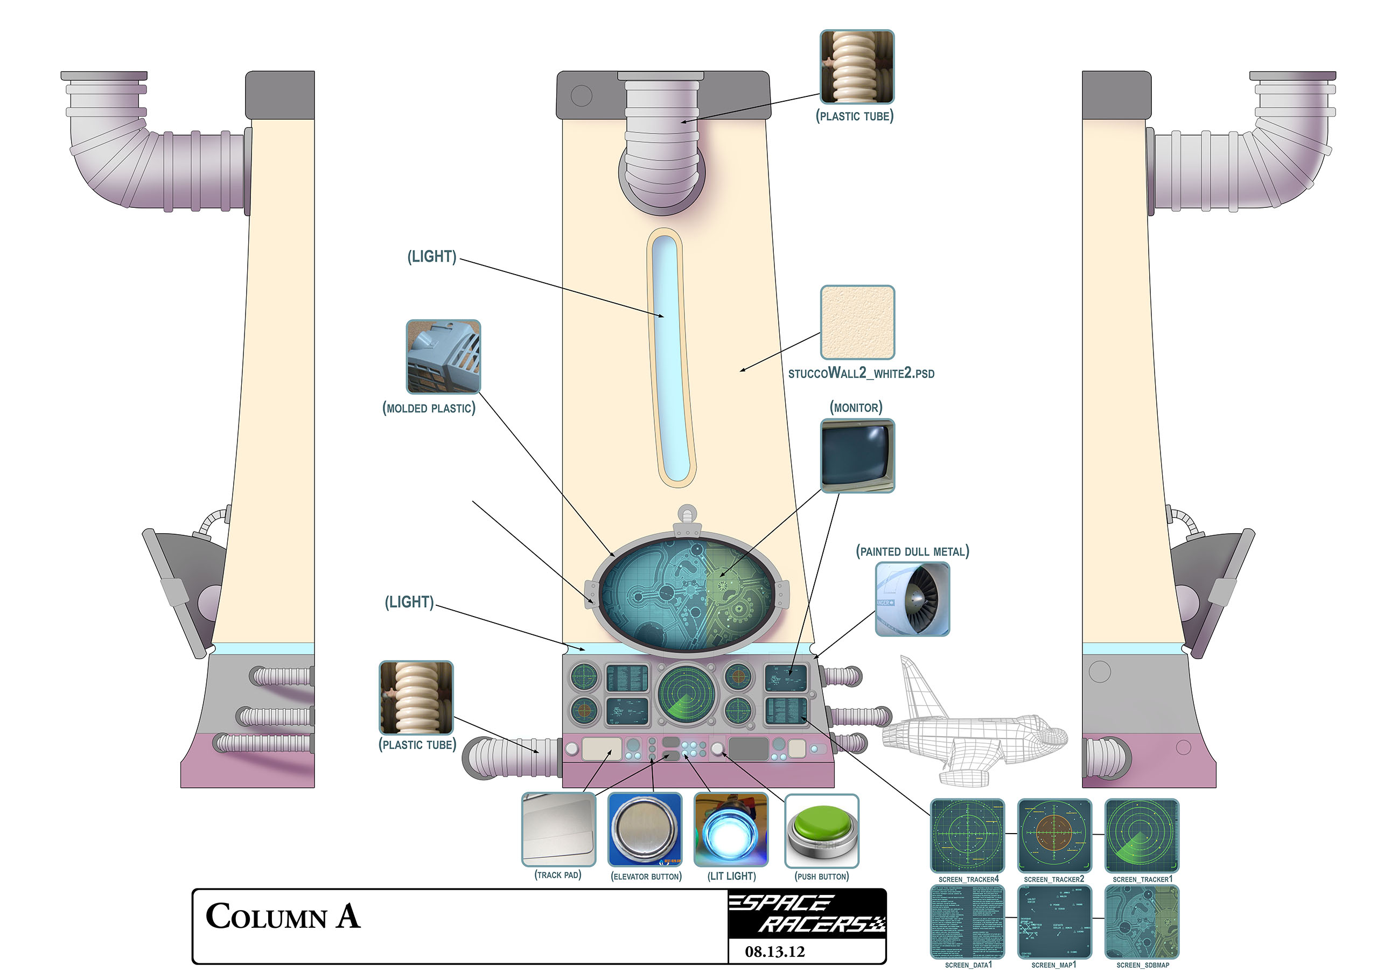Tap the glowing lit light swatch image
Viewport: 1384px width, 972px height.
(731, 830)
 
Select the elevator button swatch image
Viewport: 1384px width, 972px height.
(645, 830)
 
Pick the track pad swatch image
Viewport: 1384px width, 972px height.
(558, 830)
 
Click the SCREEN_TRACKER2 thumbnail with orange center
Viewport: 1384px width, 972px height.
(1054, 835)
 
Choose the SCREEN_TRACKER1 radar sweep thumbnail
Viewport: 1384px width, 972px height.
(1141, 835)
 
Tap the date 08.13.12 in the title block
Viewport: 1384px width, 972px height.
(774, 952)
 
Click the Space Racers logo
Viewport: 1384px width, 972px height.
(807, 913)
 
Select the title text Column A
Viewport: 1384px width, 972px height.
(283, 917)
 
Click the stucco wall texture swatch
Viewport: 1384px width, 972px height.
(857, 323)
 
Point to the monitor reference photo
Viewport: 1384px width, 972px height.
(857, 456)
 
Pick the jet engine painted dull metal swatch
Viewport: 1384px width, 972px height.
(912, 599)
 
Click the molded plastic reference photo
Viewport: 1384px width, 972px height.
(444, 356)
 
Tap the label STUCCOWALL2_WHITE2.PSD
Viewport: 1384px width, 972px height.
(861, 374)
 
